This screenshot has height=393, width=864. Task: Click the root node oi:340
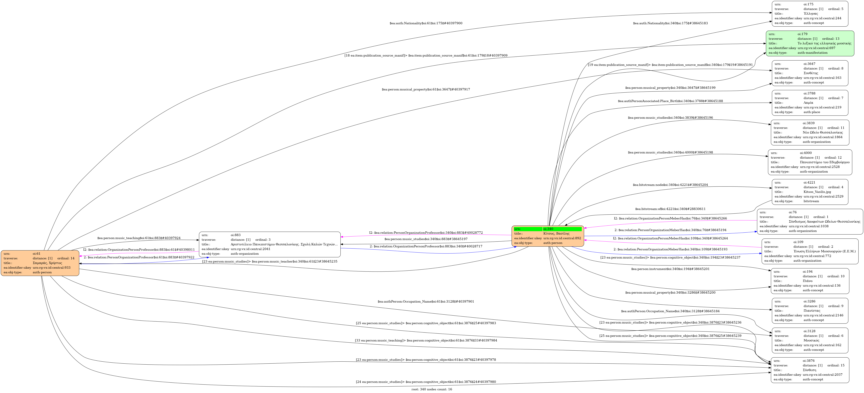[548, 236]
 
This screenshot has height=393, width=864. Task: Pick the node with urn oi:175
[810, 14]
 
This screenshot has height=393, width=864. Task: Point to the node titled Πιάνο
[810, 281]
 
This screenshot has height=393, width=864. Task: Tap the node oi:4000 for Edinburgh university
[810, 162]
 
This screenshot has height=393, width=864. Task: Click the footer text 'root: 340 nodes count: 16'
[432, 389]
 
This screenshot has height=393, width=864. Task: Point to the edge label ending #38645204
[670, 185]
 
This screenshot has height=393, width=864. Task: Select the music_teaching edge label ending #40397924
[139, 238]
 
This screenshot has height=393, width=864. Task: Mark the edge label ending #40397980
[426, 382]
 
